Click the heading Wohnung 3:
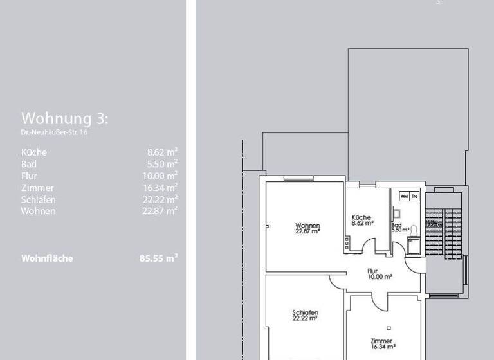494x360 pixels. coord(65,118)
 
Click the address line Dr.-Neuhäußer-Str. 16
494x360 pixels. coord(55,132)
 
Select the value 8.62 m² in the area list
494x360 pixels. coord(162,152)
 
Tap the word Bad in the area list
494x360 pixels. coord(28,164)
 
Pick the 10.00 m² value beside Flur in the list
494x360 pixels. coord(160,175)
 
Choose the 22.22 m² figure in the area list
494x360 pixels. coord(160,199)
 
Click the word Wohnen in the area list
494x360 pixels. coord(39,211)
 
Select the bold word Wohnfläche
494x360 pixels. coord(47,258)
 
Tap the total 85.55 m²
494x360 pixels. coord(158,258)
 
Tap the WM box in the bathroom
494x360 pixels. coord(405,196)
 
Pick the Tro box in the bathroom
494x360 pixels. coord(415,196)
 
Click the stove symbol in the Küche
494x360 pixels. coord(348,242)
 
